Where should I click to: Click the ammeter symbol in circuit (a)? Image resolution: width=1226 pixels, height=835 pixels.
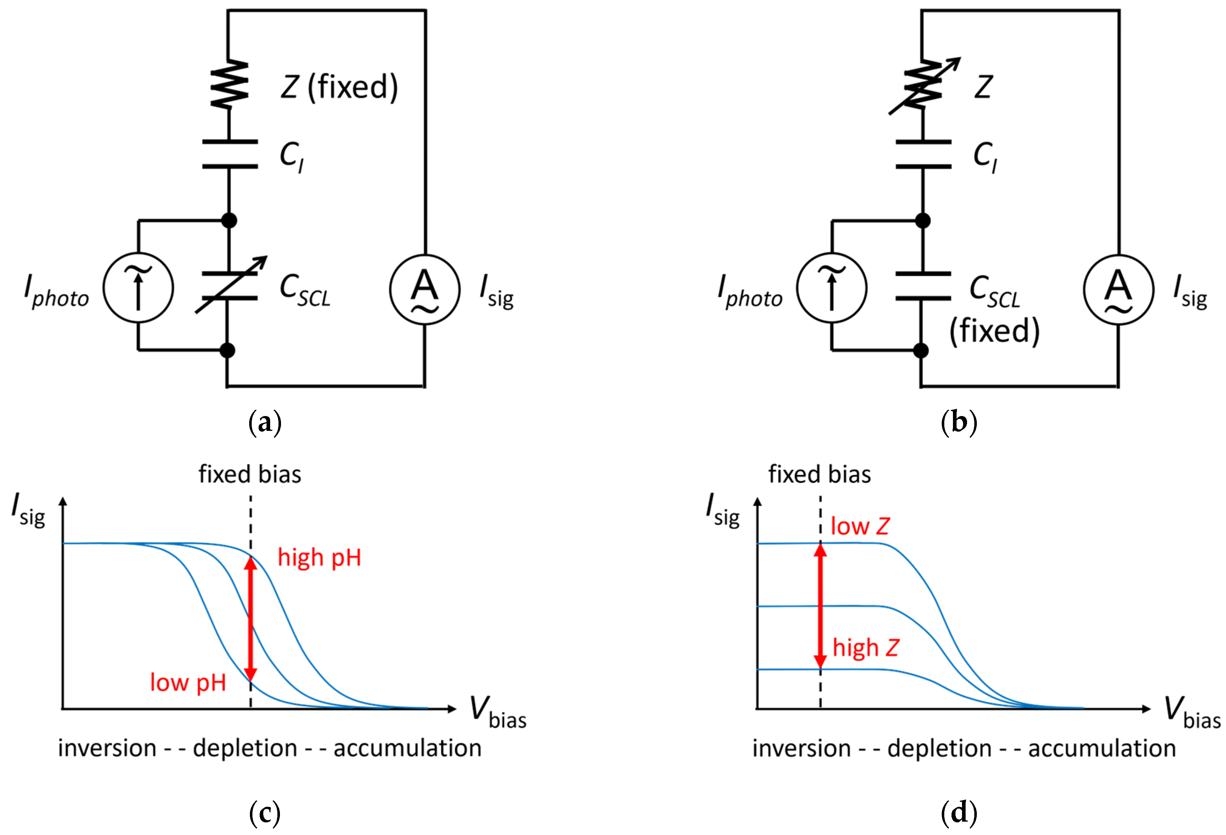[x=425, y=290]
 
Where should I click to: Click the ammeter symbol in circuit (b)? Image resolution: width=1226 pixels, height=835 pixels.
[x=1118, y=290]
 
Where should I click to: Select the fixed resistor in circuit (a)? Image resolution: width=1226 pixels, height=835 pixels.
[x=229, y=84]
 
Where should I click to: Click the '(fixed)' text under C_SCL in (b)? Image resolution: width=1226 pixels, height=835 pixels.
[x=995, y=331]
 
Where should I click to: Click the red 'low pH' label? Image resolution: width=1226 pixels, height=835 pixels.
[x=188, y=683]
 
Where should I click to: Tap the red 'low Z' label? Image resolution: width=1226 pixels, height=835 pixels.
[x=860, y=526]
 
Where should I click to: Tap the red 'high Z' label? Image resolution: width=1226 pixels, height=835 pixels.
[x=865, y=647]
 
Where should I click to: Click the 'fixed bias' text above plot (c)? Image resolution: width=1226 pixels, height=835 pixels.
[x=250, y=474]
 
